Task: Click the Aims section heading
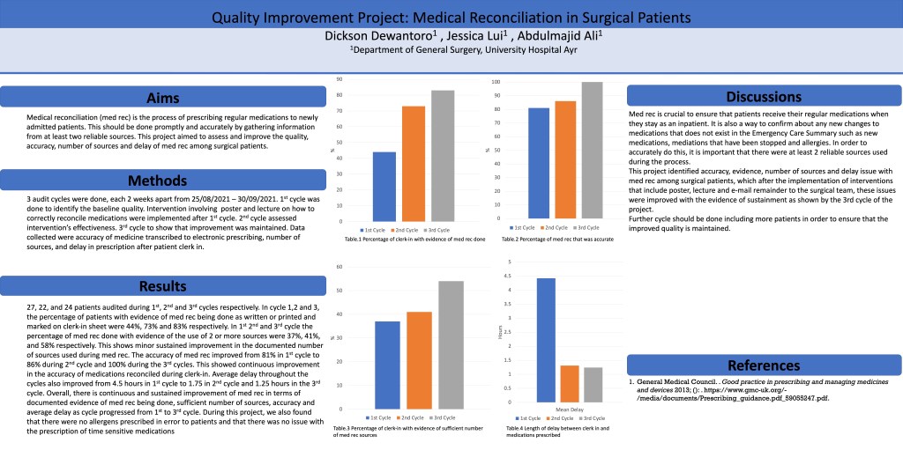162,98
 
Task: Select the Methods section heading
162,181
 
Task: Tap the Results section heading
162,286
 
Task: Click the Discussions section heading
764,96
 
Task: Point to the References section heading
764,365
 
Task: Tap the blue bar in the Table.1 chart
384,184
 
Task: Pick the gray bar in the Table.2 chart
592,150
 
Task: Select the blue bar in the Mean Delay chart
546,340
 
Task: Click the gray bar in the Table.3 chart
451,344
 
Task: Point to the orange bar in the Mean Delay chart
570,383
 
